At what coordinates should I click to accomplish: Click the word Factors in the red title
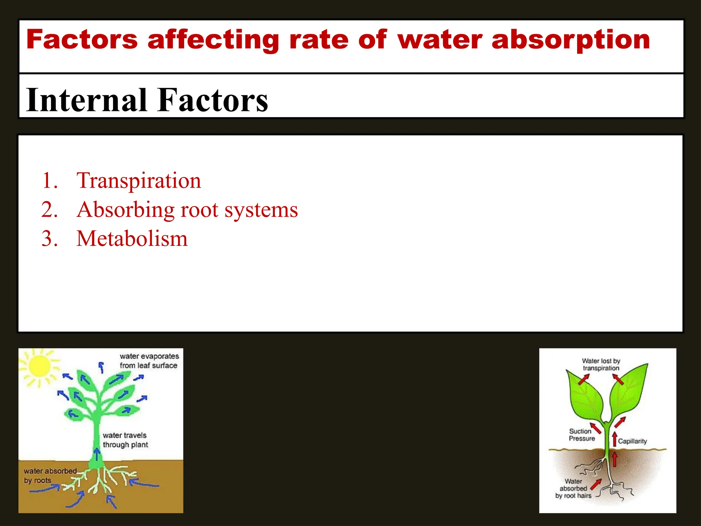coord(82,39)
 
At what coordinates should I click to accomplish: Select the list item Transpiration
coord(139,180)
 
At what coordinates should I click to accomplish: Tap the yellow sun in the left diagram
coord(39,366)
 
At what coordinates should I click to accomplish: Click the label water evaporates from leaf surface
coord(149,361)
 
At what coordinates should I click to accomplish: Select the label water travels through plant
coord(125,440)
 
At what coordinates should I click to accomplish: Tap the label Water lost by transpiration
coord(601,364)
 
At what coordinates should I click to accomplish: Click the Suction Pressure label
coord(582,435)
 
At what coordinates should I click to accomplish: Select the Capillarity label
coord(632,441)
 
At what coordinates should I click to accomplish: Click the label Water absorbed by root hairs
coord(573,488)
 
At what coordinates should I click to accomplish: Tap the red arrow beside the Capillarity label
coord(615,439)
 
